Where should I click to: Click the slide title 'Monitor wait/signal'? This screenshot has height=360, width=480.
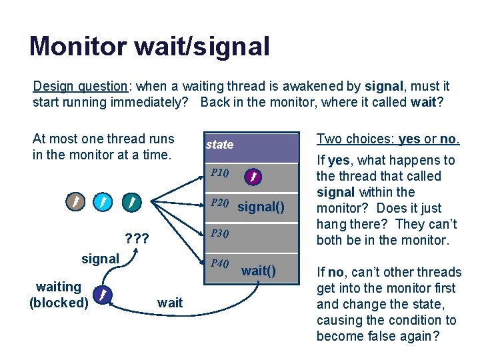149,47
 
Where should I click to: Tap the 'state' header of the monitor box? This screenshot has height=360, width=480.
219,145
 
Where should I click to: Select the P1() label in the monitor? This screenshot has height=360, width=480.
219,173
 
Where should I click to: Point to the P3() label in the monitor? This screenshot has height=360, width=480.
219,233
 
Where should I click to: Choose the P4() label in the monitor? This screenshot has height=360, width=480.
219,263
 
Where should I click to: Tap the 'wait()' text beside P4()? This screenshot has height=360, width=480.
258,271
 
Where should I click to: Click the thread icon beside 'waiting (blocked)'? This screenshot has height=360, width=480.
101,294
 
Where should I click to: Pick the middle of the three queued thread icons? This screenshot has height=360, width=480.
102,200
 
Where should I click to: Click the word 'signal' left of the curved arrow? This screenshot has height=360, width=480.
100,259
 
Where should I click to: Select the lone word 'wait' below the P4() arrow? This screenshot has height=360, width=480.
170,303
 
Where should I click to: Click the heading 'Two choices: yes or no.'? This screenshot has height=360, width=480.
387,139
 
